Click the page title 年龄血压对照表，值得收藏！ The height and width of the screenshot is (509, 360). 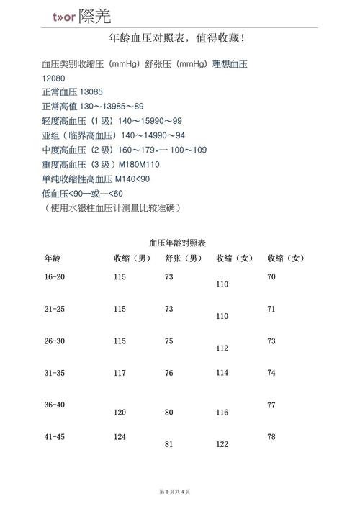(179, 38)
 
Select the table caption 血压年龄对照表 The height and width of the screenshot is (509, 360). (178, 243)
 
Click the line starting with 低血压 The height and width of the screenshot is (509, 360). (83, 194)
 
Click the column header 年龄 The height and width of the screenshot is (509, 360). (53, 258)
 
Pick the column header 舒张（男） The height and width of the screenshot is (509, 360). (183, 258)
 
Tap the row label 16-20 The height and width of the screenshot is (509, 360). (55, 277)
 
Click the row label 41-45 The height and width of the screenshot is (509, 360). (55, 437)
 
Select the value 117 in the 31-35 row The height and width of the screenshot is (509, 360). (120, 373)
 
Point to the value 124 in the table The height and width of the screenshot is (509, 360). (120, 437)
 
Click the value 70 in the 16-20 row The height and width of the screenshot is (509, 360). (271, 277)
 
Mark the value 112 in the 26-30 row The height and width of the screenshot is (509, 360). (222, 348)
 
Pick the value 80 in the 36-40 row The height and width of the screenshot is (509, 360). (169, 413)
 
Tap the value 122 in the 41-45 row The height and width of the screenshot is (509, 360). (222, 445)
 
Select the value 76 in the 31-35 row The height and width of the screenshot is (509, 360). (169, 373)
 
